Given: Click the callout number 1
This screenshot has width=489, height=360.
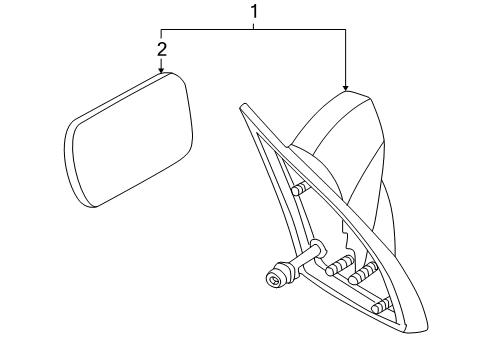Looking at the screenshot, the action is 254,12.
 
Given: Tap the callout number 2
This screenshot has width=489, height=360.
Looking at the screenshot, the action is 162,49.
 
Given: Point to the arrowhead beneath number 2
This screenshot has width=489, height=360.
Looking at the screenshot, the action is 162,70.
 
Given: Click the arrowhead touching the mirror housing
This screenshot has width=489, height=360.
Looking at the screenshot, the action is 344,88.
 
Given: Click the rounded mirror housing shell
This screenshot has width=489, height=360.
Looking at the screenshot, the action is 345,140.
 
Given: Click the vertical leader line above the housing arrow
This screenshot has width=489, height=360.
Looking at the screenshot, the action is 344,55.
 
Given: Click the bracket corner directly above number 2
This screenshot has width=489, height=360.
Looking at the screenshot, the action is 162,28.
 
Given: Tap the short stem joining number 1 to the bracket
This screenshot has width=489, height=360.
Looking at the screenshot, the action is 254,24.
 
